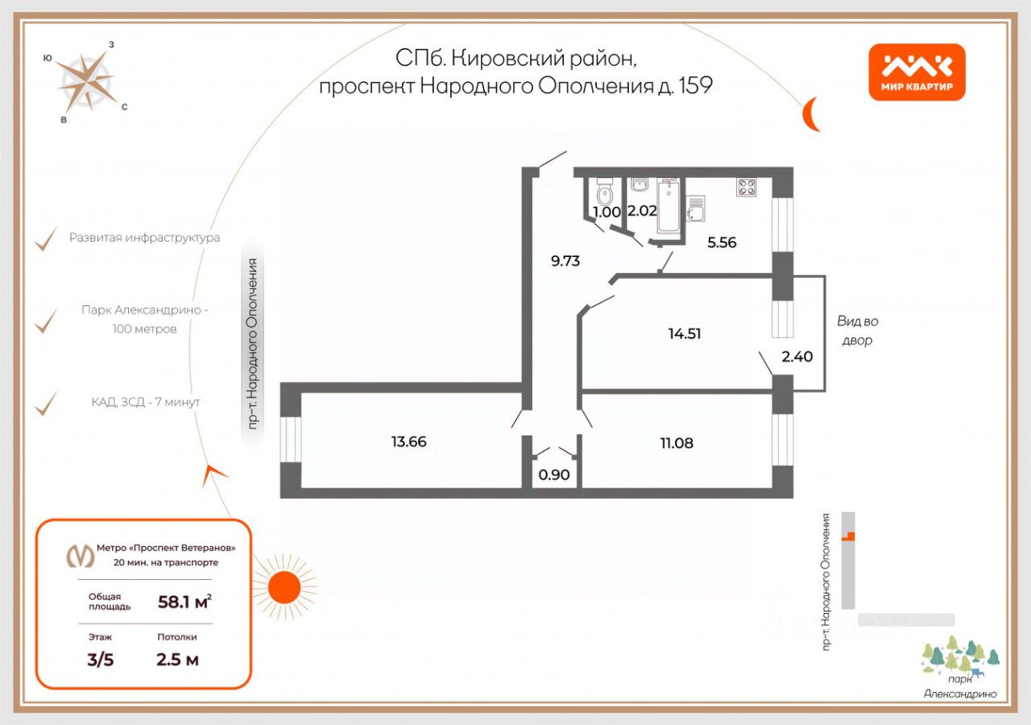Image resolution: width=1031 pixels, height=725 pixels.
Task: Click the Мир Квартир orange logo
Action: pos(917,72)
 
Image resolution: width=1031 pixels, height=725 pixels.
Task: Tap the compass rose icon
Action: pos(85,81)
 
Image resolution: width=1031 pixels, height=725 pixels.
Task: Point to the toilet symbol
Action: pos(604,193)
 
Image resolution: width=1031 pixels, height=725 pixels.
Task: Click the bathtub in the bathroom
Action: pos(669,205)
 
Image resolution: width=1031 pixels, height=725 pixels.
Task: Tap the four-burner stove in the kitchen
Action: pos(747,188)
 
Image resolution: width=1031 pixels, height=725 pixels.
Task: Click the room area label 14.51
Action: pos(684,333)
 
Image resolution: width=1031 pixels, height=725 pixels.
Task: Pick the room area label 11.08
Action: pos(676,442)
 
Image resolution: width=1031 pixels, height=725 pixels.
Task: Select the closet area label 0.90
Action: pos(553,475)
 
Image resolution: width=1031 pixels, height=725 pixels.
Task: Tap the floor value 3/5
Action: pos(101,660)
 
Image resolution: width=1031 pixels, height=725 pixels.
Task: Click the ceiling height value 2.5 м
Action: pos(177,660)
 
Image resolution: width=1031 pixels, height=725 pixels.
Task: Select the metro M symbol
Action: pos(79,557)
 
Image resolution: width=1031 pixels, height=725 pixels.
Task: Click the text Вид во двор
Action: pos(857,330)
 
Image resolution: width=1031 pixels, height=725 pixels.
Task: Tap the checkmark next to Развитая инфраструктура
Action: pos(47,238)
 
